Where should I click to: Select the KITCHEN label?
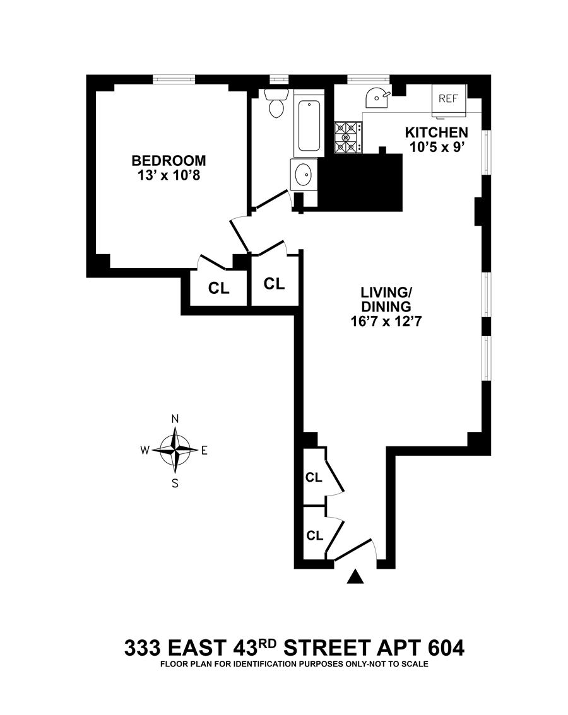pyautogui.click(x=436, y=133)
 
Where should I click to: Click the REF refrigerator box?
pyautogui.click(x=449, y=99)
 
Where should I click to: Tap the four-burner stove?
pyautogui.click(x=348, y=137)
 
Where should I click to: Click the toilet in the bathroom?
pyautogui.click(x=276, y=103)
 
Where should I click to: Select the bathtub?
pyautogui.click(x=309, y=125)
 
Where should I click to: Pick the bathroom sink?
pyautogui.click(x=304, y=173)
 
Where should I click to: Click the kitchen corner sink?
pyautogui.click(x=376, y=97)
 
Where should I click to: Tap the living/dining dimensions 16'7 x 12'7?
pyautogui.click(x=386, y=322)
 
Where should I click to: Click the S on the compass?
pyautogui.click(x=175, y=484)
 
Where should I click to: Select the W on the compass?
pyautogui.click(x=145, y=450)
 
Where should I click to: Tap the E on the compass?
pyautogui.click(x=204, y=450)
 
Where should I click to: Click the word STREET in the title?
pyautogui.click(x=323, y=648)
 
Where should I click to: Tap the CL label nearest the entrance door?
pyautogui.click(x=314, y=536)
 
